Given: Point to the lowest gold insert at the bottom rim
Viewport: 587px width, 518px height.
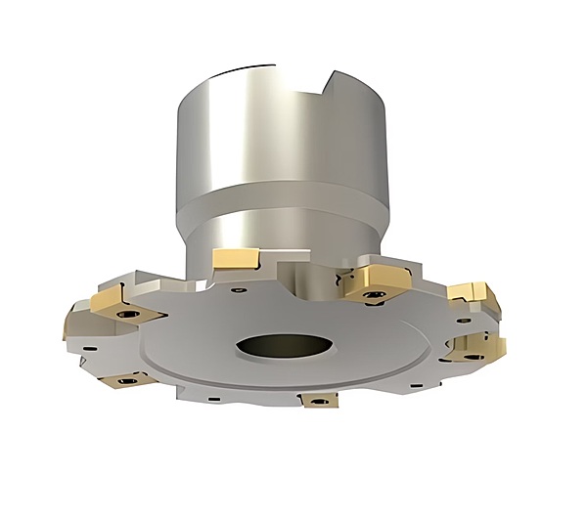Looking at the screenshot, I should click(x=318, y=400).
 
